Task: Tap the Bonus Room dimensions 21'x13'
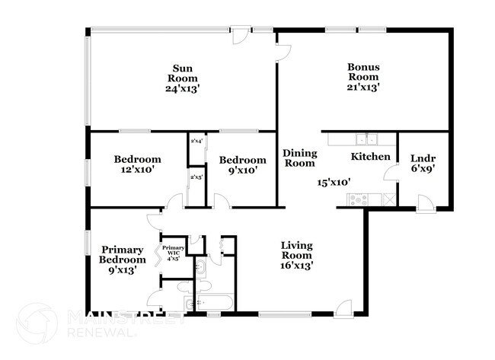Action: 364,88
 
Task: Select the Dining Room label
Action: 299,158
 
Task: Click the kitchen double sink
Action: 369,139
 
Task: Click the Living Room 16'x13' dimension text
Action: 297,266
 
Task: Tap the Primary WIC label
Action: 174,252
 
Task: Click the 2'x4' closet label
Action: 196,141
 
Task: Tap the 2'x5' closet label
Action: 196,178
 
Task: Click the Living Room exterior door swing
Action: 344,307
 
